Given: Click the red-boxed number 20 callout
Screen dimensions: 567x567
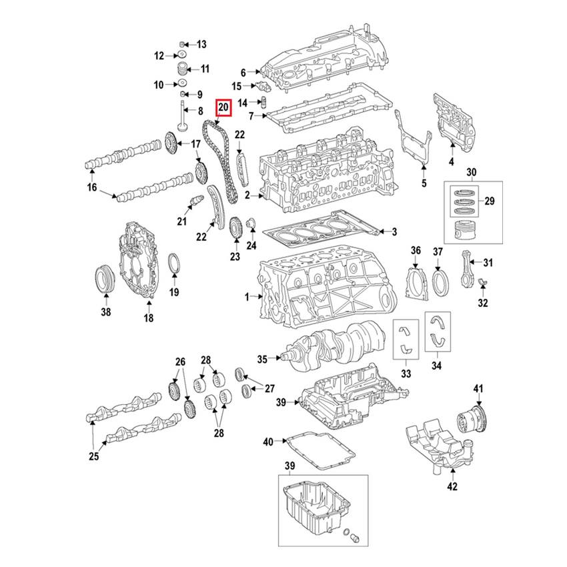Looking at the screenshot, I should coord(223,107).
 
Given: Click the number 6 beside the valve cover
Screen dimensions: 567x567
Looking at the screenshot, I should coord(243,71).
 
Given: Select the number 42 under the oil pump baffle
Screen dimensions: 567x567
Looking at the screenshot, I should coord(452,486).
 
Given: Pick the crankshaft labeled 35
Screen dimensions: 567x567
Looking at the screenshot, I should coord(334,344).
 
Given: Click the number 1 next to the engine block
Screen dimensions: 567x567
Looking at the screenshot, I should coord(246,296).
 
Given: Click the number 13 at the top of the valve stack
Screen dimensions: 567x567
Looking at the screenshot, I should coord(201,43).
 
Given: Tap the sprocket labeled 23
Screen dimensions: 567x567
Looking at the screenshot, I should coord(234,229).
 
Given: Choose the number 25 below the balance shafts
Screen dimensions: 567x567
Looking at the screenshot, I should coord(93,456).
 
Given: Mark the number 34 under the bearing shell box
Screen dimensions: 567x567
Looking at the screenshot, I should coord(436,365).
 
